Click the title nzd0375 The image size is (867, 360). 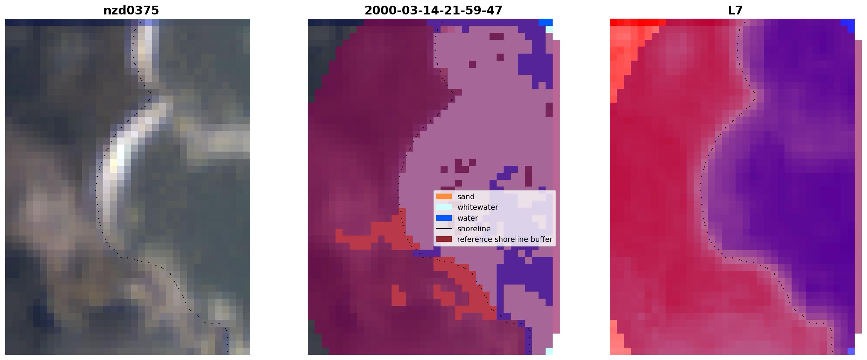[131, 11]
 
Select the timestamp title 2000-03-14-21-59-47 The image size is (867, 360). [433, 11]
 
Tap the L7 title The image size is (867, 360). [735, 11]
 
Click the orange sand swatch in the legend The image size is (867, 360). [444, 196]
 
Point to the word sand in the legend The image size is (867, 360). [466, 197]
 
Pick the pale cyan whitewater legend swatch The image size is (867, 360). [444, 207]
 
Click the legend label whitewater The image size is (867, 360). [478, 207]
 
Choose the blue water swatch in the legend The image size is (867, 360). [444, 218]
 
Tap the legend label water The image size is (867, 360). [468, 218]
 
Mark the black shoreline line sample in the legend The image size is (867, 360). [444, 229]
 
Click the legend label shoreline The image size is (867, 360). [474, 229]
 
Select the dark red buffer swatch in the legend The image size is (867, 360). [444, 239]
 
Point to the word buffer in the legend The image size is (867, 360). [541, 239]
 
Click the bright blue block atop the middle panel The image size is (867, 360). [546, 22]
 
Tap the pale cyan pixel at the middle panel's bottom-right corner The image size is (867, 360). [549, 351]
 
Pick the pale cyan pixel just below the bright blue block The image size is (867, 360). [549, 29]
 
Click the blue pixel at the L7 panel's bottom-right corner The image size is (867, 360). [851, 351]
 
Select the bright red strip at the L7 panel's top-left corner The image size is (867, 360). [638, 22]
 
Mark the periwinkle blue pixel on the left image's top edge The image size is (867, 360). [149, 22]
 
